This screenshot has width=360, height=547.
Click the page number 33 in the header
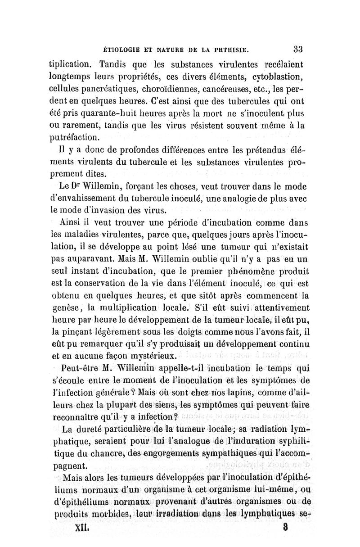pyautogui.click(x=298, y=49)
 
